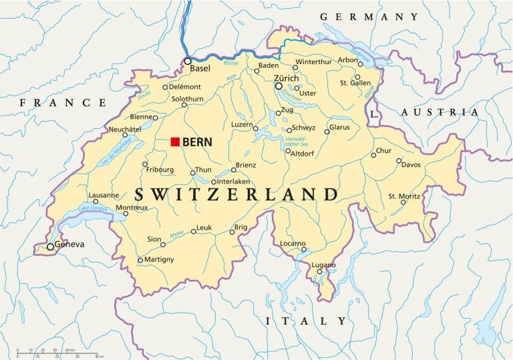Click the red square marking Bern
175,141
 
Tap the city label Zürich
287,78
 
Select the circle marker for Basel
188,61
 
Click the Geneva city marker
50,246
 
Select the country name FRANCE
63,102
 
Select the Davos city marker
399,160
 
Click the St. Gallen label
355,83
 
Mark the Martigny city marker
140,260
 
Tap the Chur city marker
374,155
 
